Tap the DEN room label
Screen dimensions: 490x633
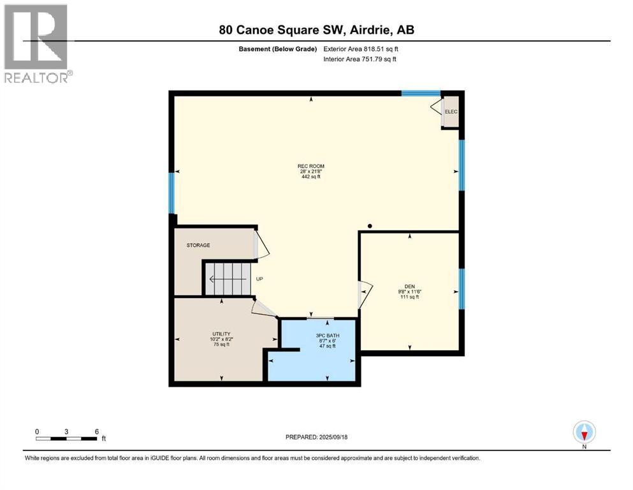409,286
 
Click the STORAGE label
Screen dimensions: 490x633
198,245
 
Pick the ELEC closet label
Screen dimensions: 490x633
451,112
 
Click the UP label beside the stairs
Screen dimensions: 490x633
259,279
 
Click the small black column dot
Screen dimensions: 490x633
370,225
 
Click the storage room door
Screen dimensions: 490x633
261,245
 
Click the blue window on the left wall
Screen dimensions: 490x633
171,193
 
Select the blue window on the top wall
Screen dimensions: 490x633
421,93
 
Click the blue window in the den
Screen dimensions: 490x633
462,288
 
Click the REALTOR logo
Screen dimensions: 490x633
37,43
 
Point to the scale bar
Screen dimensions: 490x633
66,438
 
